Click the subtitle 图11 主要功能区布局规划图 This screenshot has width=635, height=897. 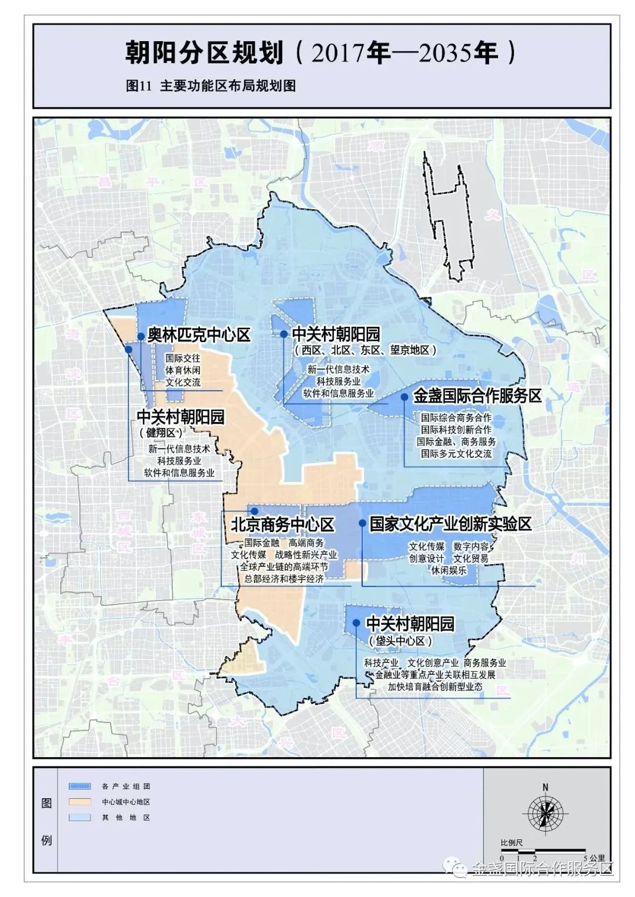pyautogui.click(x=210, y=86)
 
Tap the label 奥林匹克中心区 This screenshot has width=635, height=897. pyautogui.click(x=199, y=335)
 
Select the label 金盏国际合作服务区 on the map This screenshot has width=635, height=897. pyautogui.click(x=477, y=396)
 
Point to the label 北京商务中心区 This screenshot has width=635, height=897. pyautogui.click(x=282, y=524)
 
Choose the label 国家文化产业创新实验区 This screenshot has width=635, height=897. pyautogui.click(x=450, y=524)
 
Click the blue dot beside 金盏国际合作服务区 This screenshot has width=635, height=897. pyautogui.click(x=405, y=397)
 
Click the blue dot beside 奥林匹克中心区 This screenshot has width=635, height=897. pyautogui.click(x=141, y=336)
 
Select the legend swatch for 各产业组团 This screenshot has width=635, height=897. pyautogui.click(x=79, y=786)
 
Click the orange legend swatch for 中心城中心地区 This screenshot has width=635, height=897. pyautogui.click(x=79, y=802)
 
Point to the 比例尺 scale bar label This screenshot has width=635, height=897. pyautogui.click(x=512, y=842)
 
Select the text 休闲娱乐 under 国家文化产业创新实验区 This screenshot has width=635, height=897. pyautogui.click(x=449, y=570)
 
